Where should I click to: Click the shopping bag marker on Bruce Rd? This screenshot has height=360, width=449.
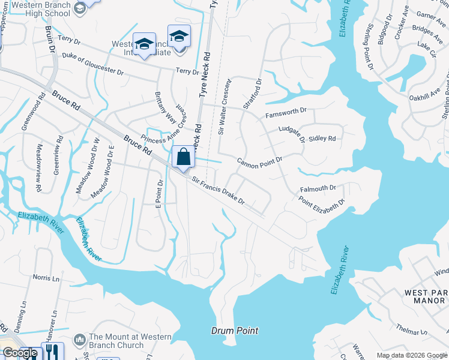click(x=184, y=157)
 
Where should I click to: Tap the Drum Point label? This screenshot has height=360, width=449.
click(x=235, y=331)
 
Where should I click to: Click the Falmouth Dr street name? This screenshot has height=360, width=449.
click(x=318, y=188)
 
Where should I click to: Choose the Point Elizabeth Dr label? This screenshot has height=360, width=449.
click(x=322, y=205)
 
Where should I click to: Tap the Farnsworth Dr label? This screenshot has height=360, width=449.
click(x=286, y=112)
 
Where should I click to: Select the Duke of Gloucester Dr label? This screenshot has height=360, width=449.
click(x=92, y=65)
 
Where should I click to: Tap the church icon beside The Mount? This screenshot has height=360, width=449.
click(x=80, y=341)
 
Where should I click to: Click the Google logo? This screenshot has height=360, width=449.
click(x=20, y=353)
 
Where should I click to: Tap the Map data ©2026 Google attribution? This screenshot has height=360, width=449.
click(x=411, y=355)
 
